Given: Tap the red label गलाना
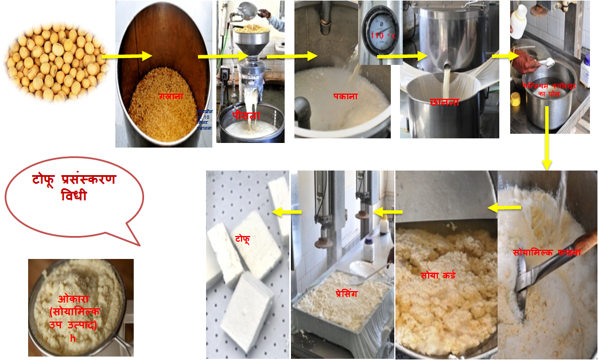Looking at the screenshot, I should pos(170,96).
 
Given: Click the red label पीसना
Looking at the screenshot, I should pos(246,115).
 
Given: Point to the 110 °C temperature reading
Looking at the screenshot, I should pos(383,36).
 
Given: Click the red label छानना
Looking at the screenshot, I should pos(445,102).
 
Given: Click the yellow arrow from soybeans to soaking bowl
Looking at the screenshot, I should pos(127,56).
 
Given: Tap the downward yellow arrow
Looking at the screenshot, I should pos(546,138).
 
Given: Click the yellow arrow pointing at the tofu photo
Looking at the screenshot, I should pos(287,212).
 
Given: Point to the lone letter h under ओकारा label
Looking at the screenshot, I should pos(73,338).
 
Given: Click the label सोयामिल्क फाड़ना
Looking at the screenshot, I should pos(547,252).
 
